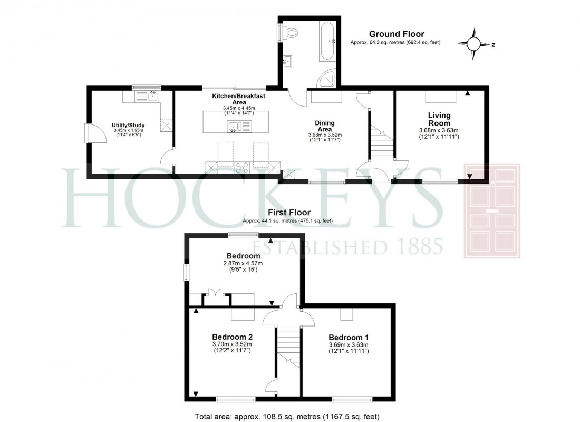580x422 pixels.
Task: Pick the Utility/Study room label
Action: [x=128, y=125]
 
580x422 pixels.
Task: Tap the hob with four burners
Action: [x=243, y=168]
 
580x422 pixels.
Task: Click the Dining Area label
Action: [x=324, y=126]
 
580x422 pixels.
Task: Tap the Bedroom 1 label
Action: [x=345, y=338]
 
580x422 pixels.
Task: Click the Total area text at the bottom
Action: [x=287, y=416]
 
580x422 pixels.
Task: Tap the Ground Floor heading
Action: [x=396, y=34]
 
